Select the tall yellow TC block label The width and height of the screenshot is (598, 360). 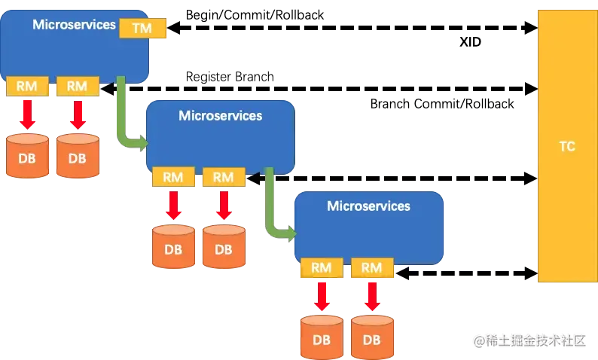(567, 146)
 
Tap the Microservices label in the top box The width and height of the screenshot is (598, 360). (74, 25)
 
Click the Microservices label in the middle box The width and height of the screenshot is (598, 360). (220, 115)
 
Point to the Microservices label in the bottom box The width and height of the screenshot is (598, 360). (368, 206)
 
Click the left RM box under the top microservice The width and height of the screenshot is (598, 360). (27, 86)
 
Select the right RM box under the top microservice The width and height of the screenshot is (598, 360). (77, 86)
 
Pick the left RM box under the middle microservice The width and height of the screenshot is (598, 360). (173, 177)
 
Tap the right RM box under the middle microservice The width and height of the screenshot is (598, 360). (224, 177)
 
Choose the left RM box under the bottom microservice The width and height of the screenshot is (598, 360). (322, 267)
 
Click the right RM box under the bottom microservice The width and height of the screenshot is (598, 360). (371, 267)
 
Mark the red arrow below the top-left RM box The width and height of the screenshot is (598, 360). (27, 114)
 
